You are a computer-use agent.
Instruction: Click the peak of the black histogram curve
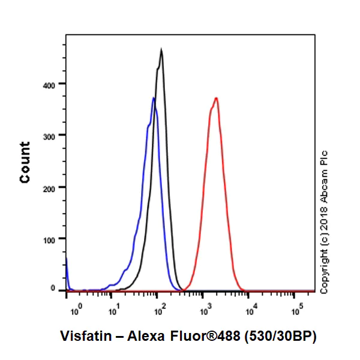161,50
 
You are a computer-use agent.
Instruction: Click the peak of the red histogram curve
216,98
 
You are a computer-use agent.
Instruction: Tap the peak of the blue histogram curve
154,98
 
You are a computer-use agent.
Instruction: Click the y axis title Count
25,162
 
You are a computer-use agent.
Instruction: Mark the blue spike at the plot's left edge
67,270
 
